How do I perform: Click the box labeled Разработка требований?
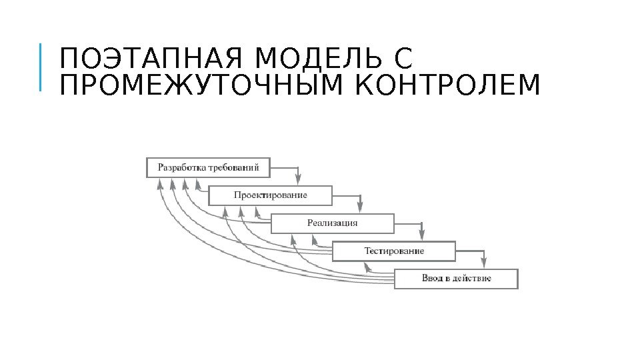pyautogui.click(x=208, y=167)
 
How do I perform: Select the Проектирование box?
pyautogui.click(x=270, y=195)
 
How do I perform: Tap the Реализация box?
pyautogui.click(x=332, y=223)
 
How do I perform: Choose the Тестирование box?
pyautogui.click(x=393, y=251)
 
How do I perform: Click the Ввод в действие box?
pyautogui.click(x=456, y=279)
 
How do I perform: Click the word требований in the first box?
pyautogui.click(x=233, y=167)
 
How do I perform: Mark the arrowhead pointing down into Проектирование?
pyautogui.click(x=298, y=178)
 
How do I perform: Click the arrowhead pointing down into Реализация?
pyautogui.click(x=360, y=206)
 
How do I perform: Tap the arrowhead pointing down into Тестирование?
pyautogui.click(x=422, y=234)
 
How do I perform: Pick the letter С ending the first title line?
pyautogui.click(x=404, y=59)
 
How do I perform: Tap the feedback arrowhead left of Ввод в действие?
pyautogui.click(x=366, y=267)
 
